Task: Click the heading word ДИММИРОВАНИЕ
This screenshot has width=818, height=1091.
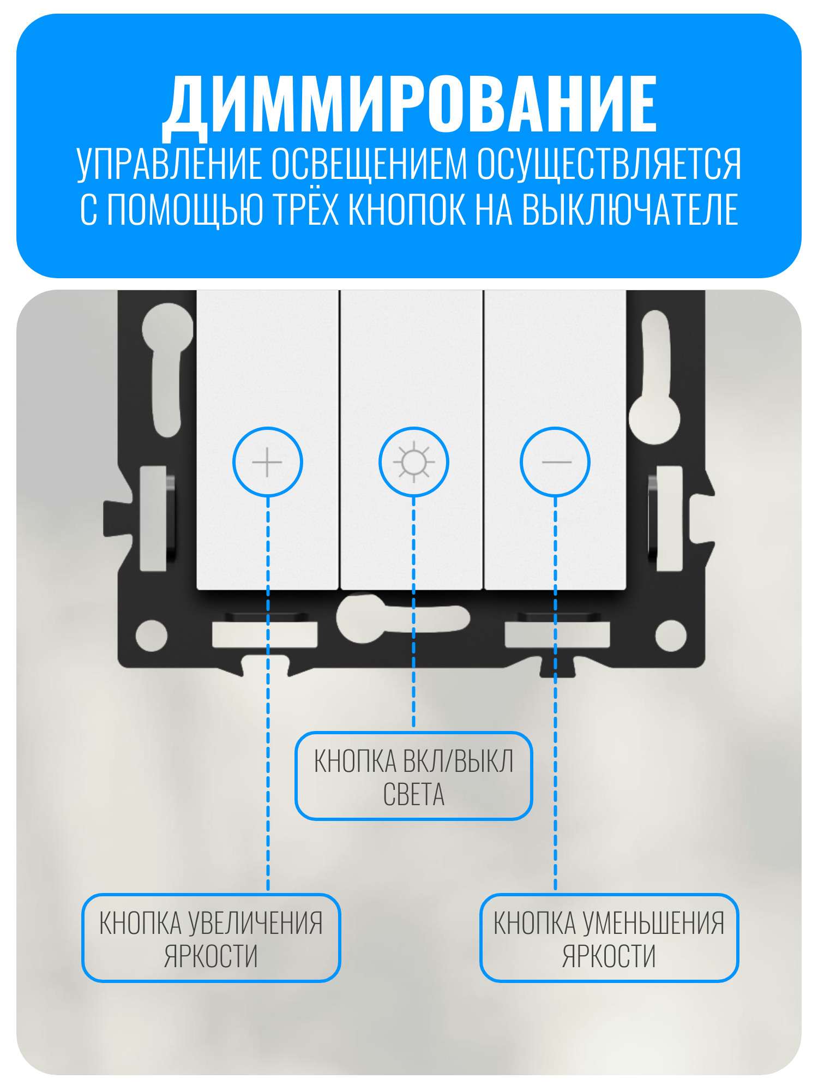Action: click(410, 105)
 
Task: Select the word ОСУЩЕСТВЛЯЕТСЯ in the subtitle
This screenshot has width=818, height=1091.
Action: click(609, 164)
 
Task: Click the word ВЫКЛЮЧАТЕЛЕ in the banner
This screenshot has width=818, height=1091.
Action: click(630, 210)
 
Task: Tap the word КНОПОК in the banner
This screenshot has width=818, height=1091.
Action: click(408, 209)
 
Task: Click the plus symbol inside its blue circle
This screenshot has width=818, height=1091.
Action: click(267, 462)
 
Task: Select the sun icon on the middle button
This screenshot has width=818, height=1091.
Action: click(414, 462)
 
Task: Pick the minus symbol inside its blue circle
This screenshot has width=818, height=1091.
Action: click(556, 462)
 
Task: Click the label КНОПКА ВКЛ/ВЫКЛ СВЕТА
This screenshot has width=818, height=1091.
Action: click(414, 777)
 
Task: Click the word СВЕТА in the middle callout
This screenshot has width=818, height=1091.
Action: click(414, 794)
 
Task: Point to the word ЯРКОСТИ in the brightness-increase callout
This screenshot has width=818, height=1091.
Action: click(211, 956)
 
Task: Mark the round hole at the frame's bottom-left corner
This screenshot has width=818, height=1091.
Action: click(151, 636)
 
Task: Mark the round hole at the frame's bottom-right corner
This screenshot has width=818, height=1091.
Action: click(671, 636)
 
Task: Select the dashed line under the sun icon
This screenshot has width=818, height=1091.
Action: click(414, 612)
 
